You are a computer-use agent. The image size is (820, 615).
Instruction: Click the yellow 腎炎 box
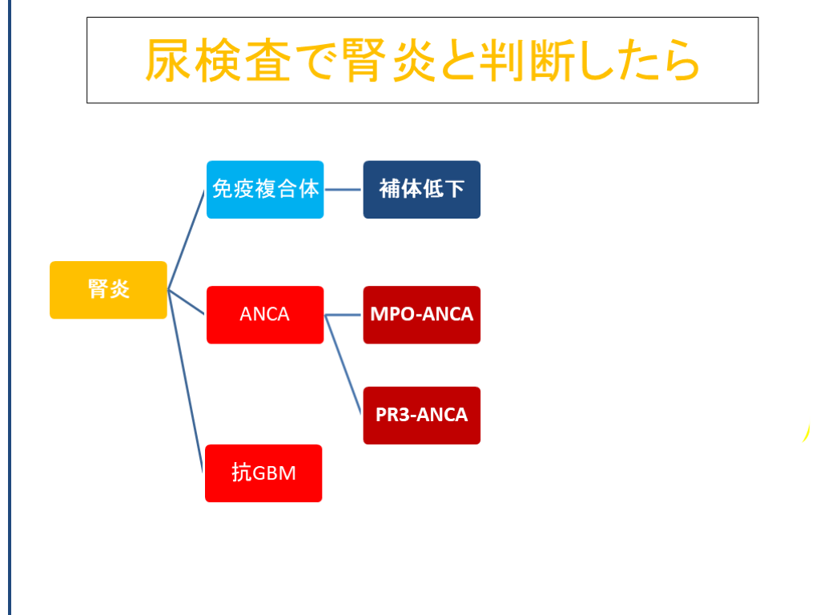[x=108, y=290]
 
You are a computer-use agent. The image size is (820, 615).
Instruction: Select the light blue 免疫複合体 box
[x=265, y=189]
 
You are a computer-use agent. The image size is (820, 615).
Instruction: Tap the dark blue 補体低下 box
[x=421, y=189]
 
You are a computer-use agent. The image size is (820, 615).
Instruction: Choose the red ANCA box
[x=265, y=315]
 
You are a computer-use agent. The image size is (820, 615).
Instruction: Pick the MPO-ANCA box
[x=421, y=315]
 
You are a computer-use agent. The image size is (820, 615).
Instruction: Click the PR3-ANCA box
[x=421, y=416]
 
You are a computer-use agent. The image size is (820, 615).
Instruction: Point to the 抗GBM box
[x=263, y=473]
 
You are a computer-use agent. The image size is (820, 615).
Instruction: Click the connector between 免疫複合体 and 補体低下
[x=344, y=190]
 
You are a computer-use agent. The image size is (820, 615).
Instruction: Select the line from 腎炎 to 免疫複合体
[x=187, y=239]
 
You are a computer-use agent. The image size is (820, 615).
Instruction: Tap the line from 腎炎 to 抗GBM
[x=185, y=376]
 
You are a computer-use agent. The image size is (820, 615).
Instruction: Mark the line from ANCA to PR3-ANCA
[x=344, y=365]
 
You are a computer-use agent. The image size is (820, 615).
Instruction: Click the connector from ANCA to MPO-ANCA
[x=344, y=315]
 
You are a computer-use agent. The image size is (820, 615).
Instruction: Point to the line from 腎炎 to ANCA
[x=187, y=303]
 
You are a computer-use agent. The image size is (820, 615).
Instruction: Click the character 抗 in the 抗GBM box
[x=241, y=473]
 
